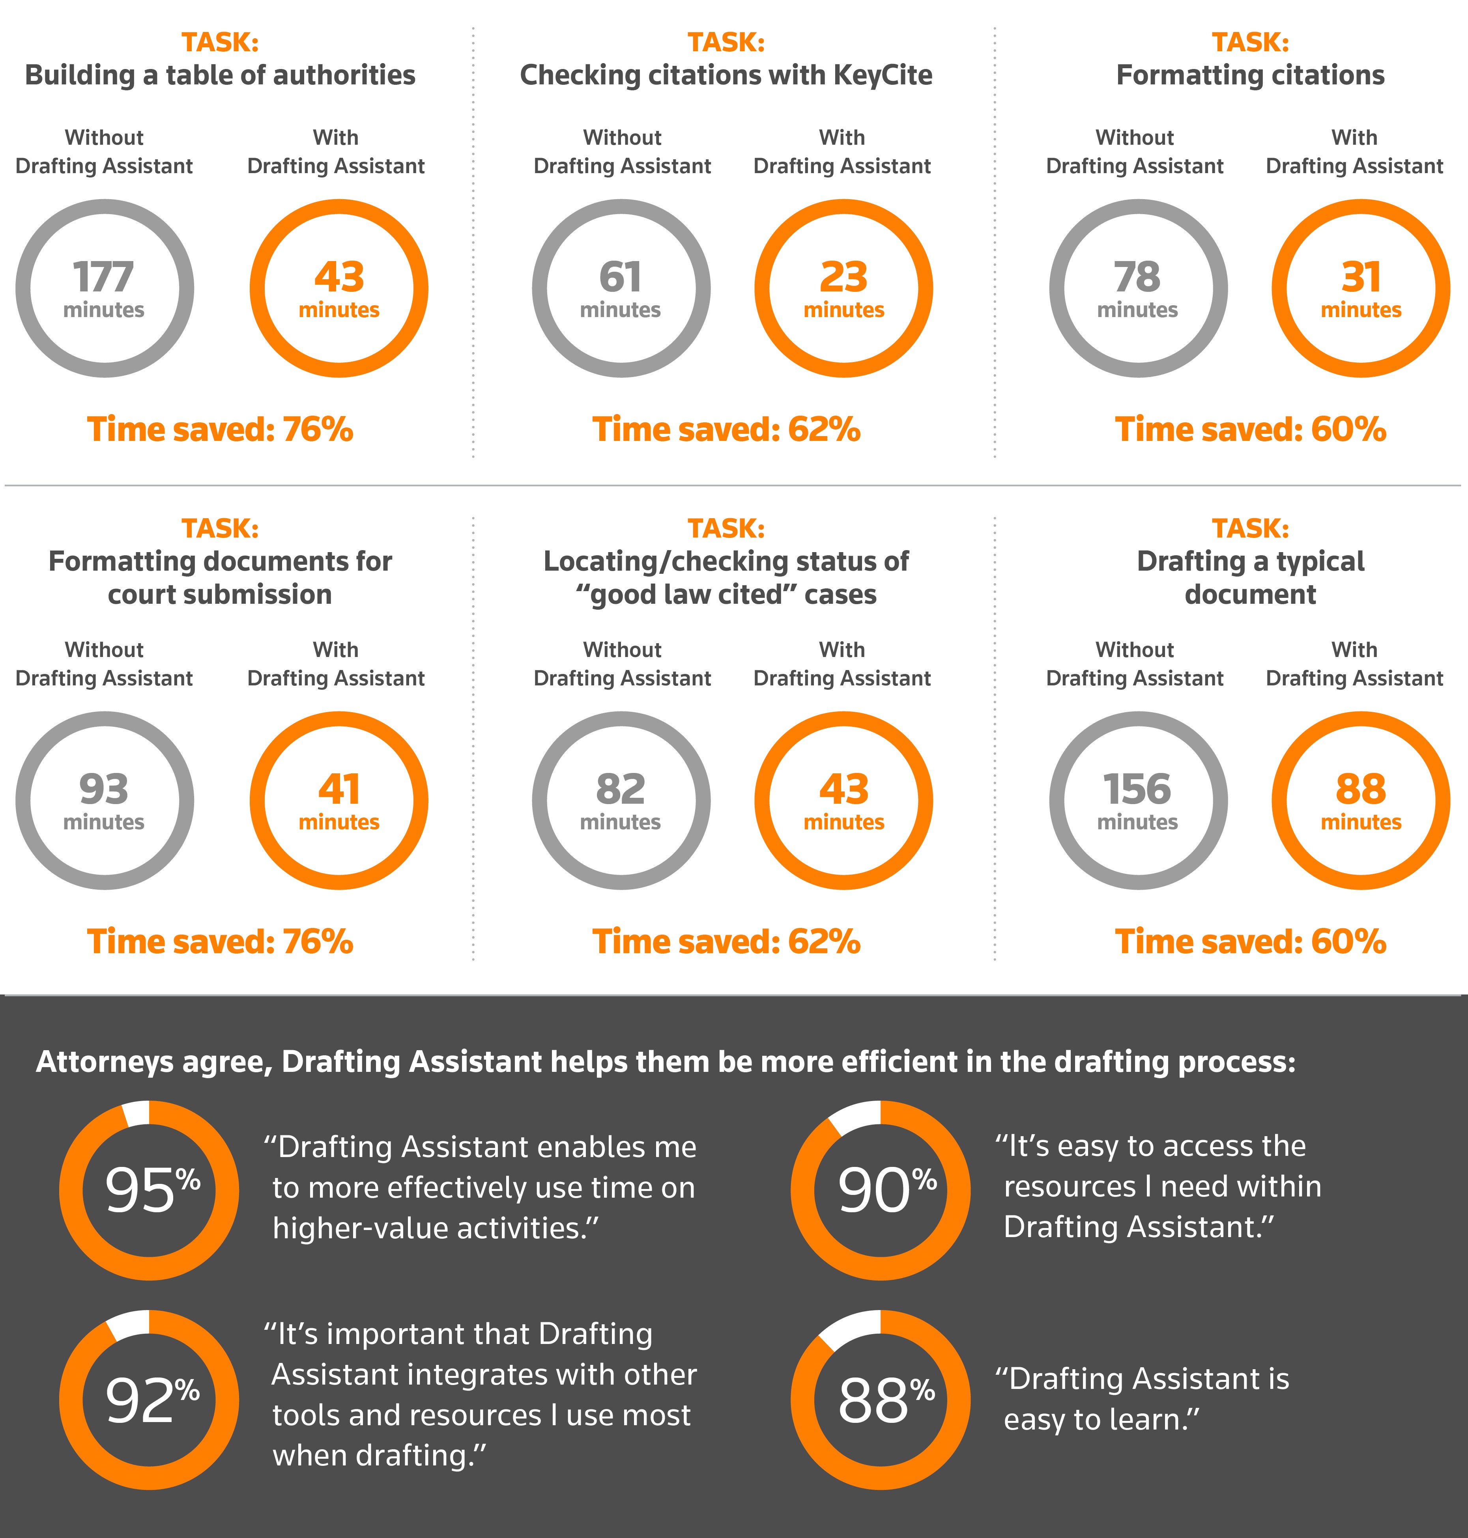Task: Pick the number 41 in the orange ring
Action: coord(339,790)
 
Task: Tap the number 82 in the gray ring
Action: coord(621,790)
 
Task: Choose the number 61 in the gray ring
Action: coord(621,277)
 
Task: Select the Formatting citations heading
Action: coord(1251,75)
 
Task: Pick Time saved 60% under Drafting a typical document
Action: coord(1251,942)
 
